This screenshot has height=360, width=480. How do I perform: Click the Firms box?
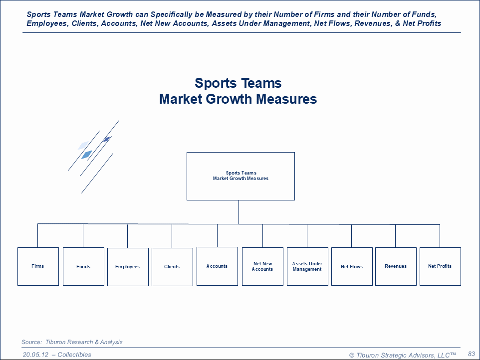(x=38, y=266)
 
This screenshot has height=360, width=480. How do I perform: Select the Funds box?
(x=83, y=266)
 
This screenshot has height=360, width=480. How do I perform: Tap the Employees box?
(x=128, y=267)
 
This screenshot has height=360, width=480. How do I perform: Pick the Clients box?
(x=172, y=267)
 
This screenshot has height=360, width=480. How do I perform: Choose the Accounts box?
(x=217, y=266)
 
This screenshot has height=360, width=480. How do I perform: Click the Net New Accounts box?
(x=262, y=266)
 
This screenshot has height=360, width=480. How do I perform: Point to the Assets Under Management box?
(x=307, y=266)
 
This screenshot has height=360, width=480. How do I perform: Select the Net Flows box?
(x=352, y=266)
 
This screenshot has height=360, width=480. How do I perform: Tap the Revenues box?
(x=396, y=266)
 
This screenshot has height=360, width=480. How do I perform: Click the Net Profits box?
(x=440, y=266)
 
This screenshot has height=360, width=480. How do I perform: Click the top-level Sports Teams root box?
(x=240, y=176)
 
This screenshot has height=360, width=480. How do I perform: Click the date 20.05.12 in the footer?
(x=36, y=355)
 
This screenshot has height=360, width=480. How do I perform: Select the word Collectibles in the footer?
(x=74, y=355)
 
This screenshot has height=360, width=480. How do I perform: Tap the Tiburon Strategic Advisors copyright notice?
(x=402, y=355)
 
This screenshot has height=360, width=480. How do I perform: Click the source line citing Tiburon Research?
(x=72, y=342)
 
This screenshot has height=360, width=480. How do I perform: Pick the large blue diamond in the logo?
(x=86, y=155)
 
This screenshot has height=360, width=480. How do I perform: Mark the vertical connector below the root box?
(x=239, y=212)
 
